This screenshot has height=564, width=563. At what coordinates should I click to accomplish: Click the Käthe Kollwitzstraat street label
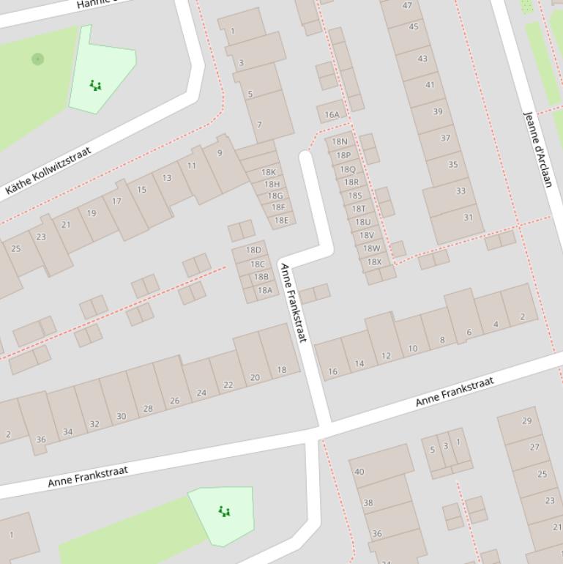pyautogui.click(x=48, y=171)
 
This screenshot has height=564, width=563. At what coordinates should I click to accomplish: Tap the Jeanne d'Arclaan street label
pyautogui.click(x=537, y=149)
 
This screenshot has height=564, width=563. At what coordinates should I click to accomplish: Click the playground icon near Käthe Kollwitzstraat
pyautogui.click(x=95, y=86)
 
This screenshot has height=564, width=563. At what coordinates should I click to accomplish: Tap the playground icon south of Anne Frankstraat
pyautogui.click(x=225, y=511)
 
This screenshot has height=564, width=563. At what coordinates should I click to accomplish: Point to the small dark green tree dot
pyautogui.click(x=37, y=59)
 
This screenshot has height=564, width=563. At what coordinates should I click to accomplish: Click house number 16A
pyautogui.click(x=332, y=114)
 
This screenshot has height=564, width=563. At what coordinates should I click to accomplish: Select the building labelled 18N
pyautogui.click(x=340, y=141)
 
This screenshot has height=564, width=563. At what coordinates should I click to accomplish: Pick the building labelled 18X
pyautogui.click(x=374, y=261)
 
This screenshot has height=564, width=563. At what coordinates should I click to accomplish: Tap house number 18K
pyautogui.click(x=269, y=173)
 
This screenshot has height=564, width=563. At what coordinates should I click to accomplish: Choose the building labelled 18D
pyautogui.click(x=253, y=251)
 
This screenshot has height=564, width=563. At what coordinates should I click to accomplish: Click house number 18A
pyautogui.click(x=264, y=290)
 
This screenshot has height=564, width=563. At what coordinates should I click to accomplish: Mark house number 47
pyautogui.click(x=407, y=6)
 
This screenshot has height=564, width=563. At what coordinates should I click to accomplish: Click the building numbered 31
pyautogui.click(x=468, y=218)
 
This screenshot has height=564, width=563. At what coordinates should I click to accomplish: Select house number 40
pyautogui.click(x=359, y=472)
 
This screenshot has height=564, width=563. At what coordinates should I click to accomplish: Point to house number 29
pyautogui.click(x=526, y=421)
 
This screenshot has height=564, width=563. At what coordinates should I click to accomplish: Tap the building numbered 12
pyautogui.click(x=386, y=356)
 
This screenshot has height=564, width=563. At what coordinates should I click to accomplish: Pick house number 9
pyautogui.click(x=220, y=153)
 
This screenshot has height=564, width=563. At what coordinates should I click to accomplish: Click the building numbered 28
pyautogui.click(x=148, y=408)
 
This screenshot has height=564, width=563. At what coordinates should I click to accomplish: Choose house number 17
pyautogui.click(x=116, y=201)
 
